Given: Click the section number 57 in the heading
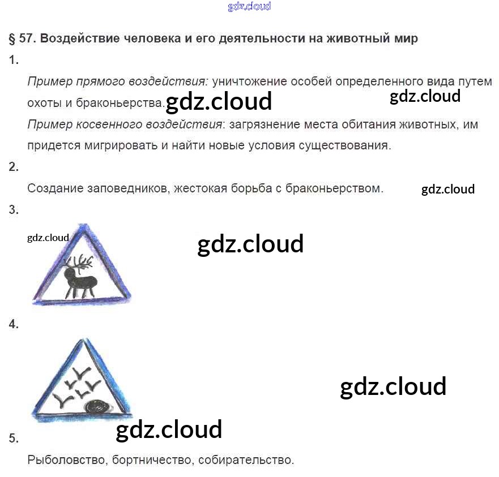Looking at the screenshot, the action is point(26,38).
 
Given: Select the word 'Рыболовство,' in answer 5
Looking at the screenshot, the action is point(66,459).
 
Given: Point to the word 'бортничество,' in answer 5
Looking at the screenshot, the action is point(152,459).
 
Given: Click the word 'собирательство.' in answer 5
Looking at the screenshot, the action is point(246,459).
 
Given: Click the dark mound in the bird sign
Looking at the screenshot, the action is point(97,407).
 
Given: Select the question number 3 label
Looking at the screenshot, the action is point(14,209).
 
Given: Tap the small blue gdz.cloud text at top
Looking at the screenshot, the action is point(249,6).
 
